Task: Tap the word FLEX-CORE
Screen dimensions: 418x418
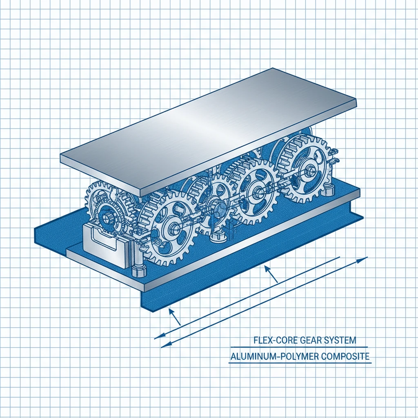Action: click(272, 340)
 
